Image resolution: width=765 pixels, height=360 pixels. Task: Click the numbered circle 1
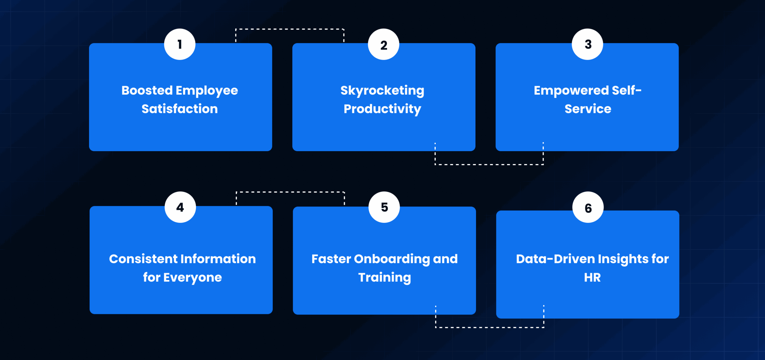click(180, 44)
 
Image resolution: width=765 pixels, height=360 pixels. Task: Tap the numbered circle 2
click(383, 44)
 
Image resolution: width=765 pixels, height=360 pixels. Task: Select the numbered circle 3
click(587, 44)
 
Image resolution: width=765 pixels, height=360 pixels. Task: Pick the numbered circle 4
click(180, 207)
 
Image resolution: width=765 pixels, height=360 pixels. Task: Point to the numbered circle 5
click(384, 207)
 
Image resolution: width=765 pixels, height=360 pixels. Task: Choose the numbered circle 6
click(588, 207)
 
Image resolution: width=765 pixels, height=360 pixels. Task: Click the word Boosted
click(147, 90)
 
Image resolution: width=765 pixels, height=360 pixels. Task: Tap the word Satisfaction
click(180, 109)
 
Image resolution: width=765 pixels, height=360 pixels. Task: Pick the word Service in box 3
click(588, 109)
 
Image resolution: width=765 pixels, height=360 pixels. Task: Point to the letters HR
click(592, 277)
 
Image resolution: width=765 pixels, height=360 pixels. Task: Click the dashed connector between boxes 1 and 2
click(290, 29)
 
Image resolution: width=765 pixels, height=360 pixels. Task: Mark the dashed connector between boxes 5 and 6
click(489, 327)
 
